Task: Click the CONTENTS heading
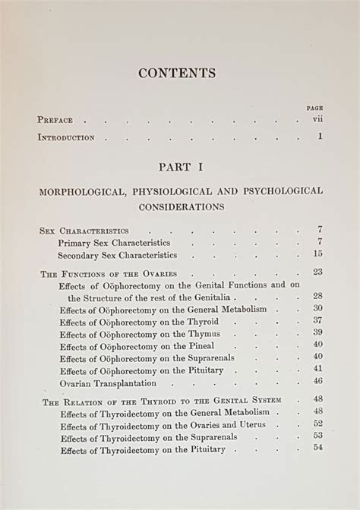click(177, 73)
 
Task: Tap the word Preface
click(55, 120)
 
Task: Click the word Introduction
click(66, 137)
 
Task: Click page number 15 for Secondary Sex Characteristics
click(317, 255)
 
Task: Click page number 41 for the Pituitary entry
click(317, 369)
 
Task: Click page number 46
click(317, 381)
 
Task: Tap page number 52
click(317, 423)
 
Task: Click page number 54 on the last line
click(317, 449)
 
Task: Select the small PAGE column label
click(315, 108)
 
